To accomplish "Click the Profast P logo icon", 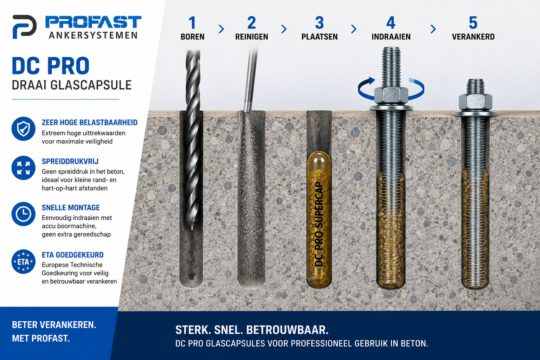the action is (24, 27).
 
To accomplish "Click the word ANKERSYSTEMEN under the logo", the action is (93, 36).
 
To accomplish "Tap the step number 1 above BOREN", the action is (192, 23).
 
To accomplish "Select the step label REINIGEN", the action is (251, 37).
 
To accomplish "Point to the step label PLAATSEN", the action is (320, 37).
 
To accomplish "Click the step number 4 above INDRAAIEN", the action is (391, 23).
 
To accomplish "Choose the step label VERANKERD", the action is (473, 37).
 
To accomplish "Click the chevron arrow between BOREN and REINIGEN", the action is (221, 29).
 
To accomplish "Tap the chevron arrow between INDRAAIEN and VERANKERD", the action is (433, 29).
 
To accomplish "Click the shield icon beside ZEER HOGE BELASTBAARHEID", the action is (24, 129).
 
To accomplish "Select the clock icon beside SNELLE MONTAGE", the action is (24, 214).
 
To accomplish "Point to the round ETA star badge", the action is (24, 262).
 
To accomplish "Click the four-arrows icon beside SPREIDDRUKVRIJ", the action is (24, 168).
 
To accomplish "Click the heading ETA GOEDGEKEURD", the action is (72, 255).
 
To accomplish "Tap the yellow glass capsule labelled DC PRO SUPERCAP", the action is (319, 219).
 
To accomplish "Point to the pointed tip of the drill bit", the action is (192, 229).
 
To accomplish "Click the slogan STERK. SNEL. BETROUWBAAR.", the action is (252, 330).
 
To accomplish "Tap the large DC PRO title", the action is (51, 66).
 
